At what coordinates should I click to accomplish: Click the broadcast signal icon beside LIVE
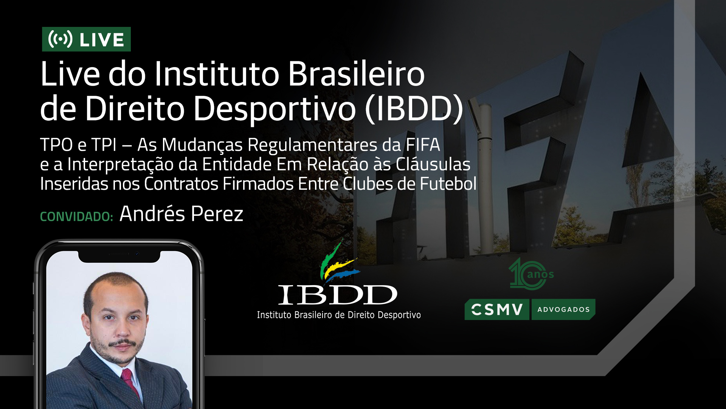(x=60, y=39)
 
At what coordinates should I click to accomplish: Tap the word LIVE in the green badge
(x=102, y=40)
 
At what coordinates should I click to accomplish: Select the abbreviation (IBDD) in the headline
(x=414, y=109)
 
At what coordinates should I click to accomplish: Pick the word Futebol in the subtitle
(x=448, y=184)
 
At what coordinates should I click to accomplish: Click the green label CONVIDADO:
(x=77, y=217)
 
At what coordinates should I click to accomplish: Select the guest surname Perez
(x=217, y=214)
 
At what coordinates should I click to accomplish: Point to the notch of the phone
(x=119, y=256)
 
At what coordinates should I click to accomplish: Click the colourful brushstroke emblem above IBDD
(x=339, y=261)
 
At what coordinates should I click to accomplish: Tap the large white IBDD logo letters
(x=338, y=295)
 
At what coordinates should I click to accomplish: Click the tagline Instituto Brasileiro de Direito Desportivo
(x=339, y=315)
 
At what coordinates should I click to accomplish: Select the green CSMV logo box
(x=497, y=309)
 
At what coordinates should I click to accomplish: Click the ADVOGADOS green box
(x=563, y=309)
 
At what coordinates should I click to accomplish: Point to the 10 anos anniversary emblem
(x=531, y=274)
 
